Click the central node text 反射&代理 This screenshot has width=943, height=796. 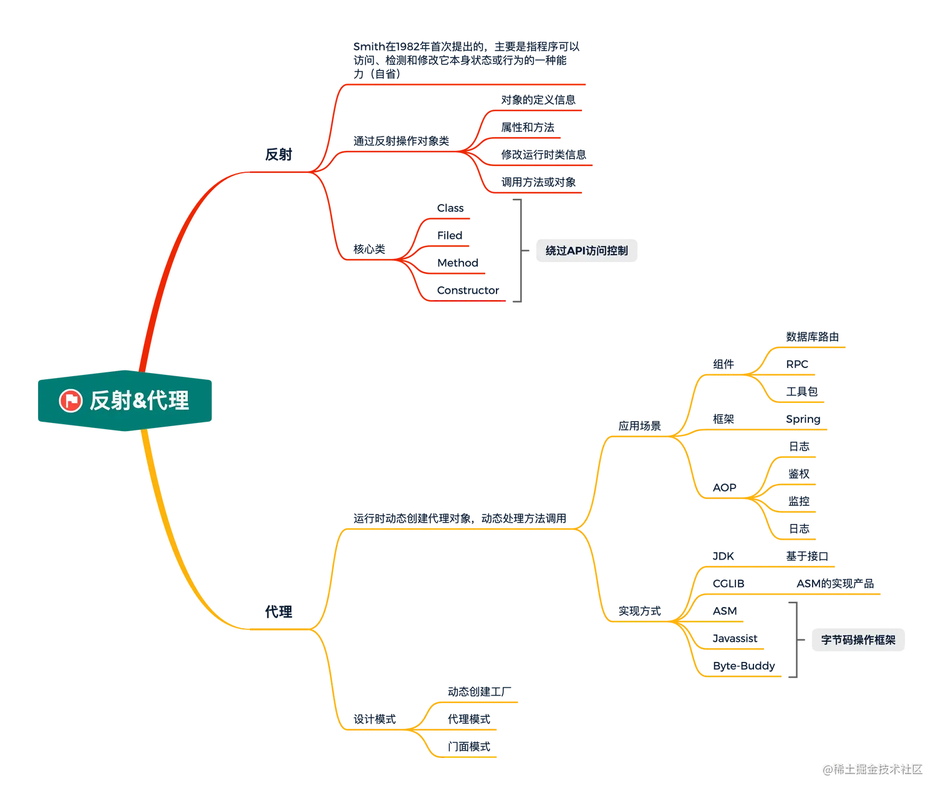tap(138, 400)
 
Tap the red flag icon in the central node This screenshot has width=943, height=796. tap(70, 400)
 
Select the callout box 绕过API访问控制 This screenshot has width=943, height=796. tap(586, 251)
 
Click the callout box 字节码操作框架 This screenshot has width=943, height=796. tap(858, 639)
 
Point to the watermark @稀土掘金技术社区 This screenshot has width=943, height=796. tap(871, 769)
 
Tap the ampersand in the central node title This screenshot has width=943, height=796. tap(138, 400)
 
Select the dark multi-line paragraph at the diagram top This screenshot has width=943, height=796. tap(465, 60)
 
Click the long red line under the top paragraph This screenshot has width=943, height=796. tap(465, 84)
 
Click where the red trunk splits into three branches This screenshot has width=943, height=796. tap(312, 172)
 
